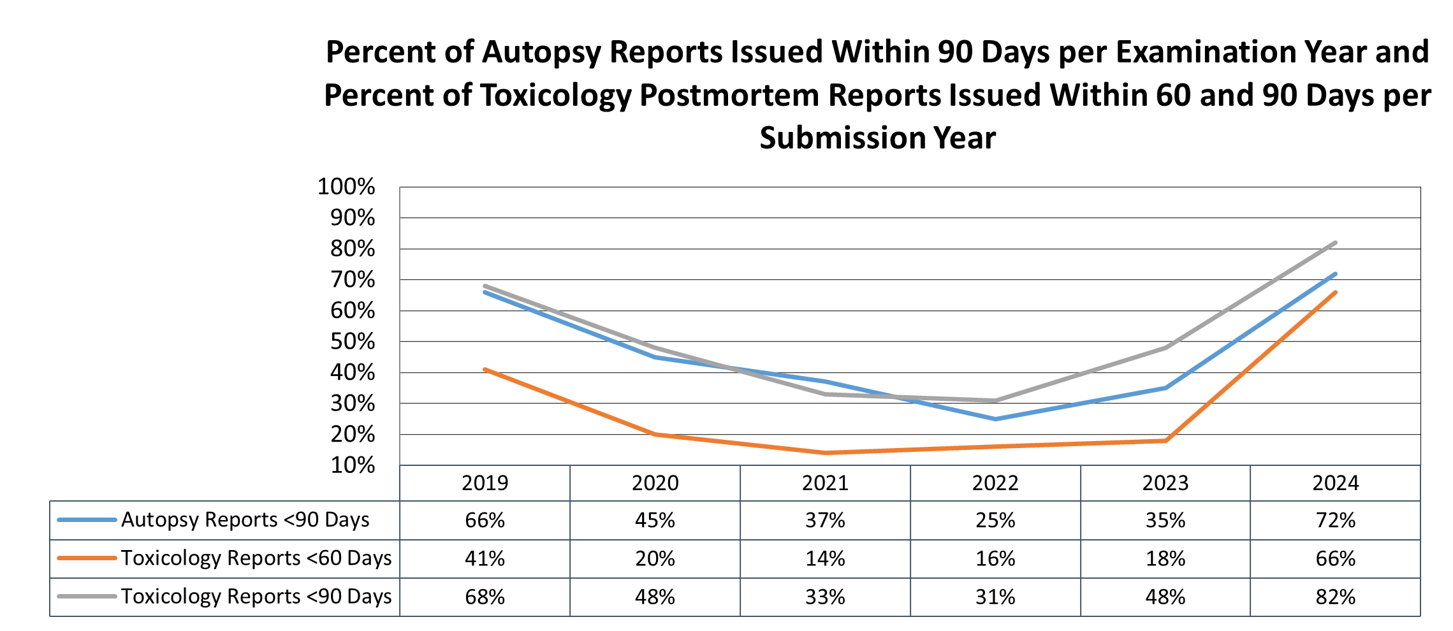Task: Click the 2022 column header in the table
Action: click(995, 483)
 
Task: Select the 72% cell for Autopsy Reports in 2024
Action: click(1335, 521)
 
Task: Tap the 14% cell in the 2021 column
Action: click(825, 559)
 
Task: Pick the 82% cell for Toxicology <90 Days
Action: click(1335, 597)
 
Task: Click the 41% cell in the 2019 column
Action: click(485, 559)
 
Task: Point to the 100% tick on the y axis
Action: click(346, 187)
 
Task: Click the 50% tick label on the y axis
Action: click(353, 342)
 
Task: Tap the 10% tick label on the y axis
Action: click(353, 465)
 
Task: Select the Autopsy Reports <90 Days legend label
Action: click(245, 520)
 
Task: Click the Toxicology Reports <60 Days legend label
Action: click(256, 558)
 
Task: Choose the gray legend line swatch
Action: click(87, 597)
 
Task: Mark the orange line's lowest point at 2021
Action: click(826, 453)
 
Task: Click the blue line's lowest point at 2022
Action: click(995, 419)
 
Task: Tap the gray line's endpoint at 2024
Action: click(1335, 243)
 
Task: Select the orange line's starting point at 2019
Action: click(485, 369)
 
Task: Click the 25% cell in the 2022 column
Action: click(995, 521)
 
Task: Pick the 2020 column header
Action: click(655, 483)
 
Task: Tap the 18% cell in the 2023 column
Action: click(1165, 559)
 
